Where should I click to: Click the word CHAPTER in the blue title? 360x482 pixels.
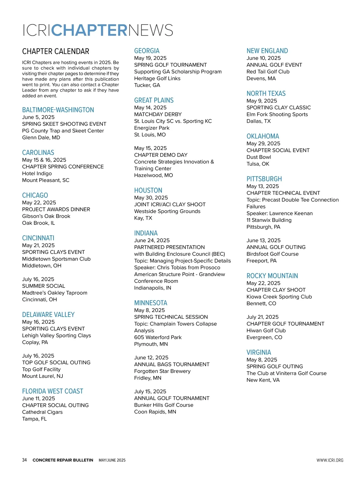pos(89,30)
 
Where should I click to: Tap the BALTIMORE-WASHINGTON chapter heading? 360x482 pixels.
pos(58,110)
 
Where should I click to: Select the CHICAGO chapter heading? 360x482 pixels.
pos(35,195)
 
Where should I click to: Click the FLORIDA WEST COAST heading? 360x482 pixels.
pos(52,391)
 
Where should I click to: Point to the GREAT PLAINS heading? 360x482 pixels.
pos(154,100)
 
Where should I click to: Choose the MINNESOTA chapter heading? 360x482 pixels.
pos(151,303)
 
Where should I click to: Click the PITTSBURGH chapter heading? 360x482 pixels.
pos(264,179)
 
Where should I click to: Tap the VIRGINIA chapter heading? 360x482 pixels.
pos(259,352)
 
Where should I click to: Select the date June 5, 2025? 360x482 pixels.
pos(38,117)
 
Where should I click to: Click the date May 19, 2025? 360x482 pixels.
pos(150,58)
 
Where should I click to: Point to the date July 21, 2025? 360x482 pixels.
pos(262,317)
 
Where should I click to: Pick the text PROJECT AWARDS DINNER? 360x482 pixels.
pos(56,209)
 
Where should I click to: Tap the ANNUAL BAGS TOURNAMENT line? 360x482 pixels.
pos(172,364)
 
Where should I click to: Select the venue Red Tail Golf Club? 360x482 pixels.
pos(268,71)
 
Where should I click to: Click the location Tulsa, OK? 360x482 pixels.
pos(258,164)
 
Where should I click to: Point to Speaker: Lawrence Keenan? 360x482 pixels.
pos(279,213)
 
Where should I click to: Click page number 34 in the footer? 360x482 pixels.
pos(24,460)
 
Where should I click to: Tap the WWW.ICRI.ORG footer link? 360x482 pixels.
pos(330,460)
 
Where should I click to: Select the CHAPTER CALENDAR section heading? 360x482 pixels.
pos(55,51)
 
